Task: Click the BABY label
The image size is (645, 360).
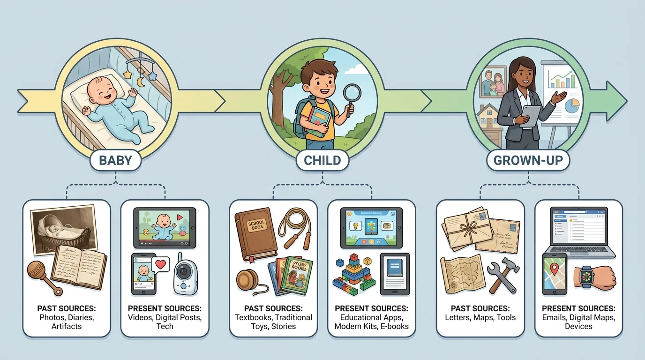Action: pyautogui.click(x=115, y=161)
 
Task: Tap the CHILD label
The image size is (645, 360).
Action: pyautogui.click(x=322, y=161)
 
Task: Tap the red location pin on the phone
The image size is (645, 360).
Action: pyautogui.click(x=555, y=269)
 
